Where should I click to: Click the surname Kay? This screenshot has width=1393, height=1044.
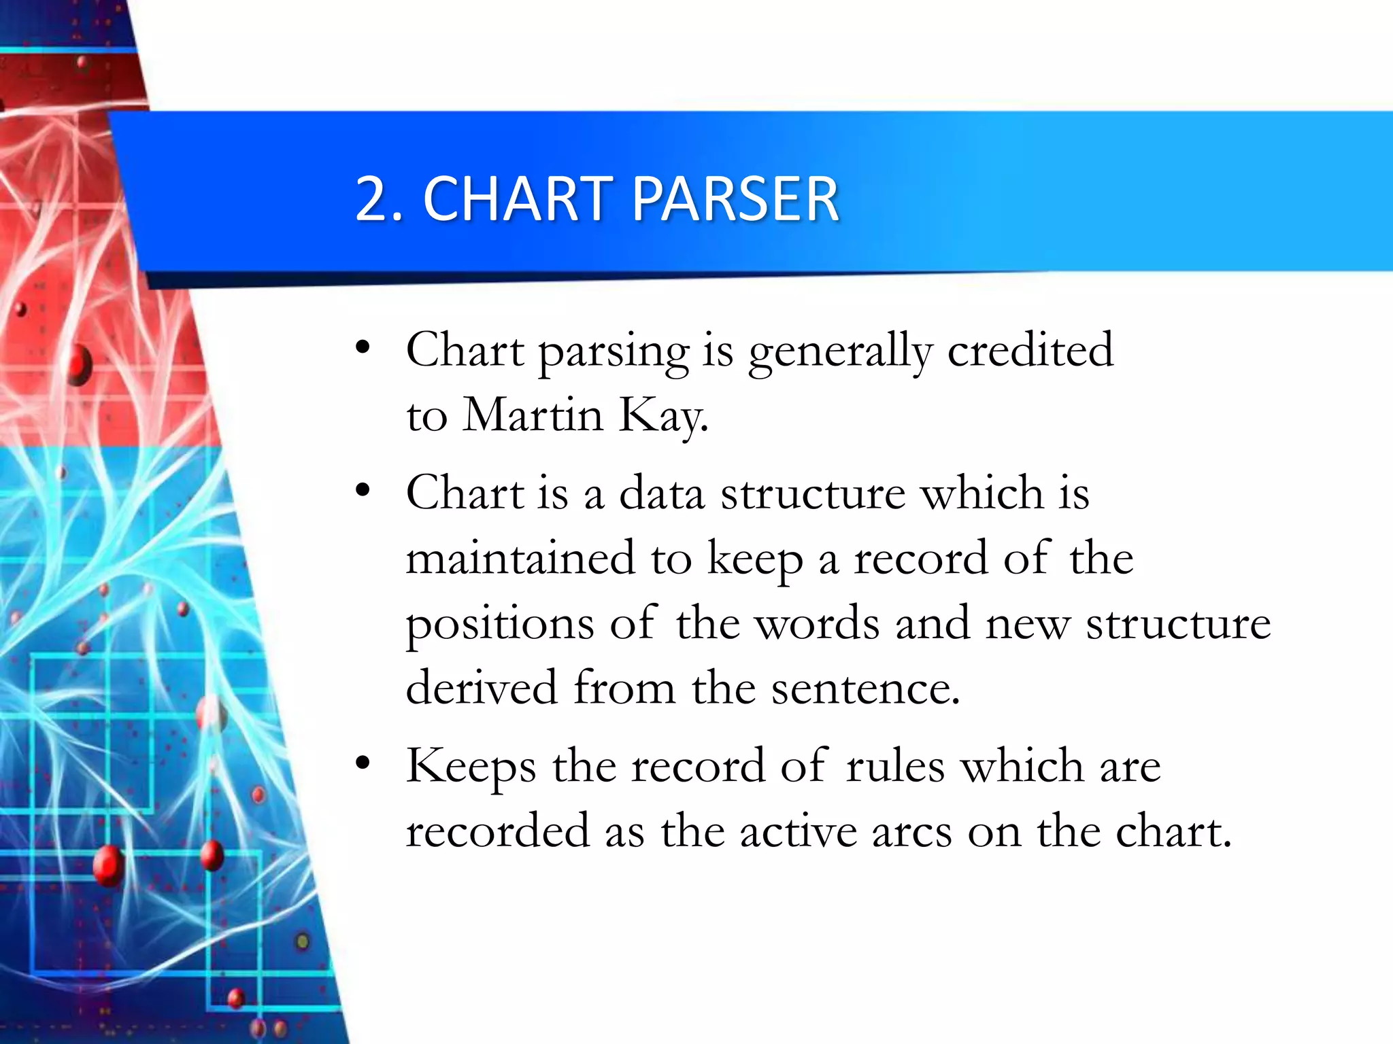662,415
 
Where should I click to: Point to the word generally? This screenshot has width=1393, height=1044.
840,352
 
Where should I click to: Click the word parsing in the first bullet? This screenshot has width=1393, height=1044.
614,352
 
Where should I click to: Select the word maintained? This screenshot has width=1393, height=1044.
520,557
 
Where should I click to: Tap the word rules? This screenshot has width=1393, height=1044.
895,765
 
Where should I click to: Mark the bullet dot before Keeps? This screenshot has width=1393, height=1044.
363,763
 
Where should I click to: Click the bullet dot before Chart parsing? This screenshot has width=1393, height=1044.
363,348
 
